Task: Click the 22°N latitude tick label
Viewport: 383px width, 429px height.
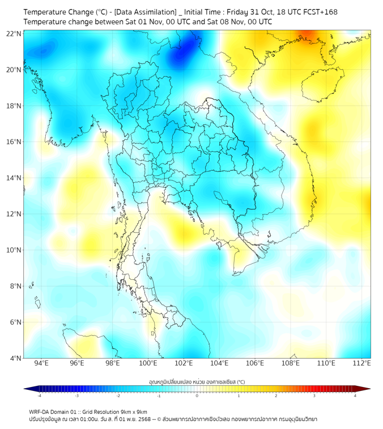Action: [14, 33]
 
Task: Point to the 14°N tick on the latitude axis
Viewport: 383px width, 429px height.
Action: [14, 178]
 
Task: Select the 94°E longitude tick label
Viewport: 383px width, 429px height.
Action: [41, 363]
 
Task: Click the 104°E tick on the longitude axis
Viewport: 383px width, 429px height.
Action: [219, 363]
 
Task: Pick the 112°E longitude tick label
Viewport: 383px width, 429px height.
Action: [361, 363]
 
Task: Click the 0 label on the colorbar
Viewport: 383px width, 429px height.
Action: [197, 396]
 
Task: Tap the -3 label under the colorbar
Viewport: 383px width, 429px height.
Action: [76, 396]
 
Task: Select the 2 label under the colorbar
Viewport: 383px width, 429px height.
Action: [276, 396]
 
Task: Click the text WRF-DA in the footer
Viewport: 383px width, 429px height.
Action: [40, 412]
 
